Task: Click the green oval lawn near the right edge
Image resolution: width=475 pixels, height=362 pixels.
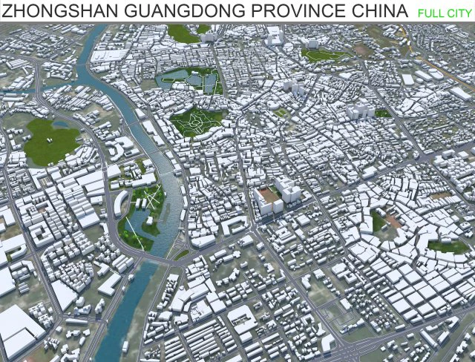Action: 447,246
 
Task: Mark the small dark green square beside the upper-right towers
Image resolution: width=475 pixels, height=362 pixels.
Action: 382,113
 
